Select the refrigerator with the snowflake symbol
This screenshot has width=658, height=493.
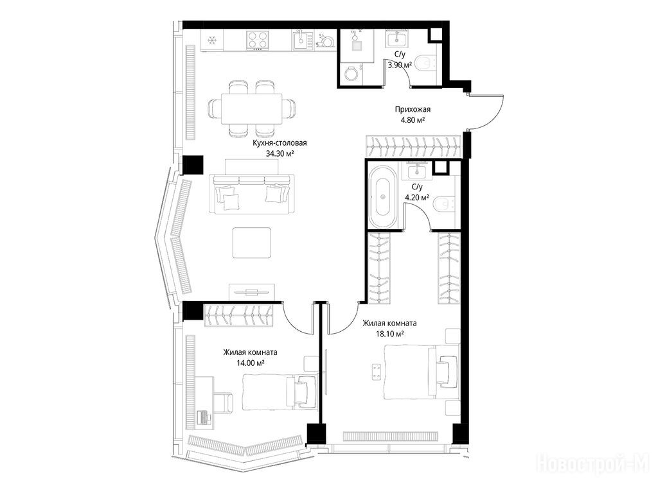tap(212, 40)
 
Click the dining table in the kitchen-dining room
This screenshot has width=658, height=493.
tap(251, 108)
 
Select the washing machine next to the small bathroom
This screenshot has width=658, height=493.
tap(351, 74)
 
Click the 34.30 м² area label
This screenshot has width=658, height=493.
tap(280, 153)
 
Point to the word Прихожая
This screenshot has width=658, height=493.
tap(413, 109)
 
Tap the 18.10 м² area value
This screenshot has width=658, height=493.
tap(390, 334)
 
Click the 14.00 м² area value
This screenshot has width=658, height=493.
tap(250, 363)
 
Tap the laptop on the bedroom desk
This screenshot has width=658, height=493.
tap(204, 417)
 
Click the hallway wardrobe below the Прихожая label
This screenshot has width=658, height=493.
tap(414, 147)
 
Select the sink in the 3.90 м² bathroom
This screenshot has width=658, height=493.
tap(395, 39)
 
